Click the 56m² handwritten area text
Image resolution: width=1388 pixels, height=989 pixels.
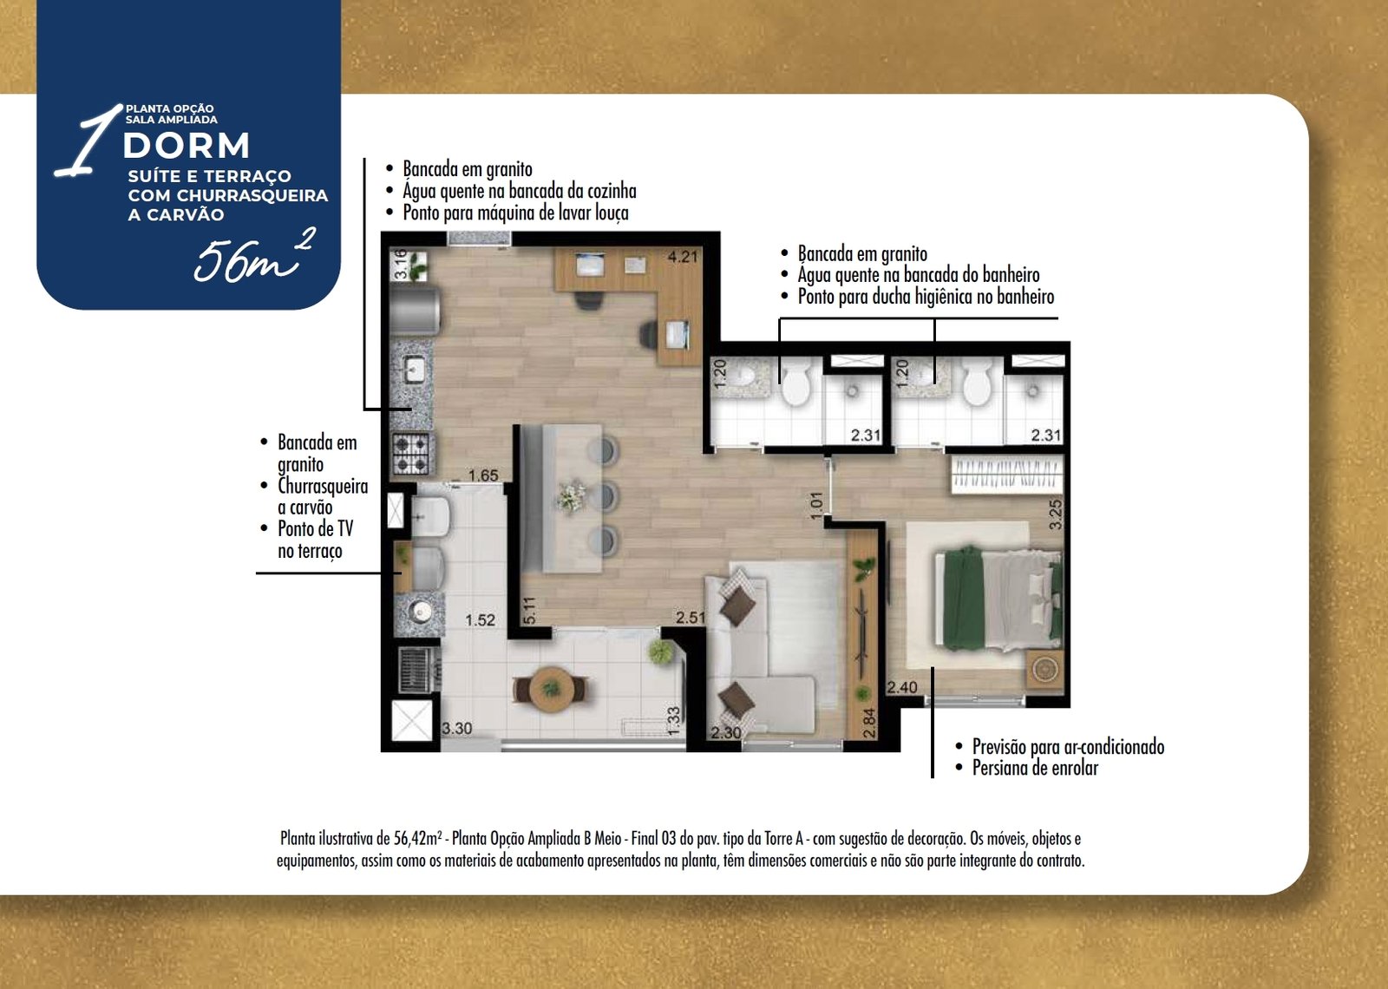point(255,256)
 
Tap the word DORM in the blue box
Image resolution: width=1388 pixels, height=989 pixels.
point(187,146)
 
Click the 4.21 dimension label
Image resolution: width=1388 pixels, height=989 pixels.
point(682,257)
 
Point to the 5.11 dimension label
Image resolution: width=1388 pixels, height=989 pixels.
point(529,611)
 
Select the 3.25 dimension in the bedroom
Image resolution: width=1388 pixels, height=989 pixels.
point(1055,514)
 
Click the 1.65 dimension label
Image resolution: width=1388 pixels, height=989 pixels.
point(482,475)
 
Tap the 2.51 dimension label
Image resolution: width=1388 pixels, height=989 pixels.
point(691,617)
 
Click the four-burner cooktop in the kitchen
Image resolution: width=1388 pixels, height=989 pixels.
point(411,453)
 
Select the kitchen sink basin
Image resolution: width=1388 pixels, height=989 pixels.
point(414,370)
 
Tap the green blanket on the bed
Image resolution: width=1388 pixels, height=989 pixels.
point(964,598)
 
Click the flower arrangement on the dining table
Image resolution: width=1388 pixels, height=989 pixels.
point(571,497)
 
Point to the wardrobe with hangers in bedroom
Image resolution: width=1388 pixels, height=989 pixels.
point(1007,475)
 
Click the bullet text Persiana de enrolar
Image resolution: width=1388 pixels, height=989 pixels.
point(1035,769)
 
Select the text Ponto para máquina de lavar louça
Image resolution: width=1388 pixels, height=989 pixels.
point(515,213)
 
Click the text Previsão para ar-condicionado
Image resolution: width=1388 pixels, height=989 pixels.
point(1068,747)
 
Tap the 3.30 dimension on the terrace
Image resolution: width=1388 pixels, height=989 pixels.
point(456,728)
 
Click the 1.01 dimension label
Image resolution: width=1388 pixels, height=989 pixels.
point(816,504)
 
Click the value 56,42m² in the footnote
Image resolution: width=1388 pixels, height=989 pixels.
point(418,838)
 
